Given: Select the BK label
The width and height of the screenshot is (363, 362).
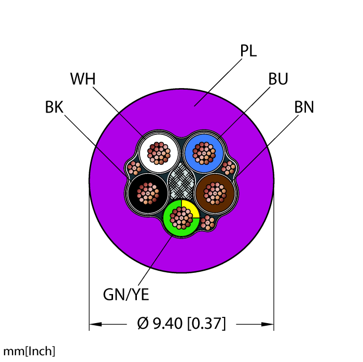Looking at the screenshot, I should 54,108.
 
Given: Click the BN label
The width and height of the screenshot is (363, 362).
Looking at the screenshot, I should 304,108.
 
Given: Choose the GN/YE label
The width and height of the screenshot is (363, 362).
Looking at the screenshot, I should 126,295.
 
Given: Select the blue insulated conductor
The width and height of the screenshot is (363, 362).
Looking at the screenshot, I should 204,152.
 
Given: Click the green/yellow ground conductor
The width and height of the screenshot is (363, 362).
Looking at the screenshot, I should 181,217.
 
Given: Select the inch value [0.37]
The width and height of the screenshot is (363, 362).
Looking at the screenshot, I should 206,324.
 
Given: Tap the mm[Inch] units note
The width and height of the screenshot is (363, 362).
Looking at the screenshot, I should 27,351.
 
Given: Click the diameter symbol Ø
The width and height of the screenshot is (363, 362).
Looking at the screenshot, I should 143,324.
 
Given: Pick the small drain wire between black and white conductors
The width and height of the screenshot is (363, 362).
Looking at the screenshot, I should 134,168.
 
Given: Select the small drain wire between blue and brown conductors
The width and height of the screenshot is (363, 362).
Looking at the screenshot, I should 228,168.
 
